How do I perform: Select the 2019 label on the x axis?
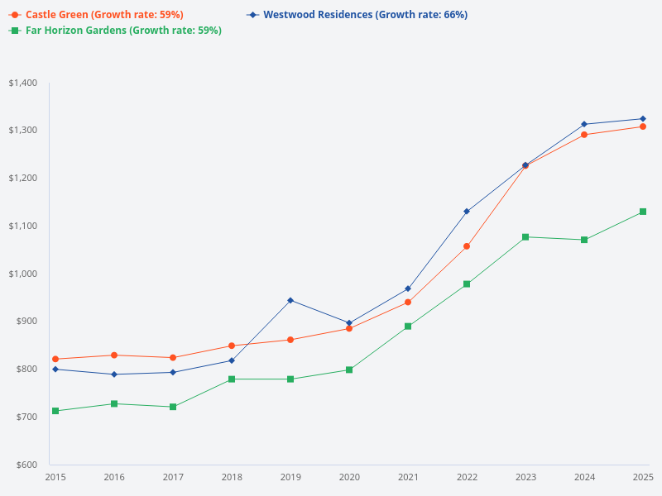coord(290,478)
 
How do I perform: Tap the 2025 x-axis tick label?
coord(643,478)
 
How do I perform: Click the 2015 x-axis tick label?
coord(55,478)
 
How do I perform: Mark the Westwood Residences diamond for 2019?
coord(290,300)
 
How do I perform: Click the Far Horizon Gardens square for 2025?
coord(643,212)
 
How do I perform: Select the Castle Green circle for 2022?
coord(467,246)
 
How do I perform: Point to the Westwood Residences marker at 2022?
coord(467,212)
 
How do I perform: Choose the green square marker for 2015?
coord(55,411)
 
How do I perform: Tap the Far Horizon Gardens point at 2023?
coord(525,237)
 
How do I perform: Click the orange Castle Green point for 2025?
coord(643,126)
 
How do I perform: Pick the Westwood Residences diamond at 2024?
coord(584,124)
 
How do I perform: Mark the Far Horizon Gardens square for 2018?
coord(232,379)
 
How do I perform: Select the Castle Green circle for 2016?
coord(114,355)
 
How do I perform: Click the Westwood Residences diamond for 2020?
coord(349,323)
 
